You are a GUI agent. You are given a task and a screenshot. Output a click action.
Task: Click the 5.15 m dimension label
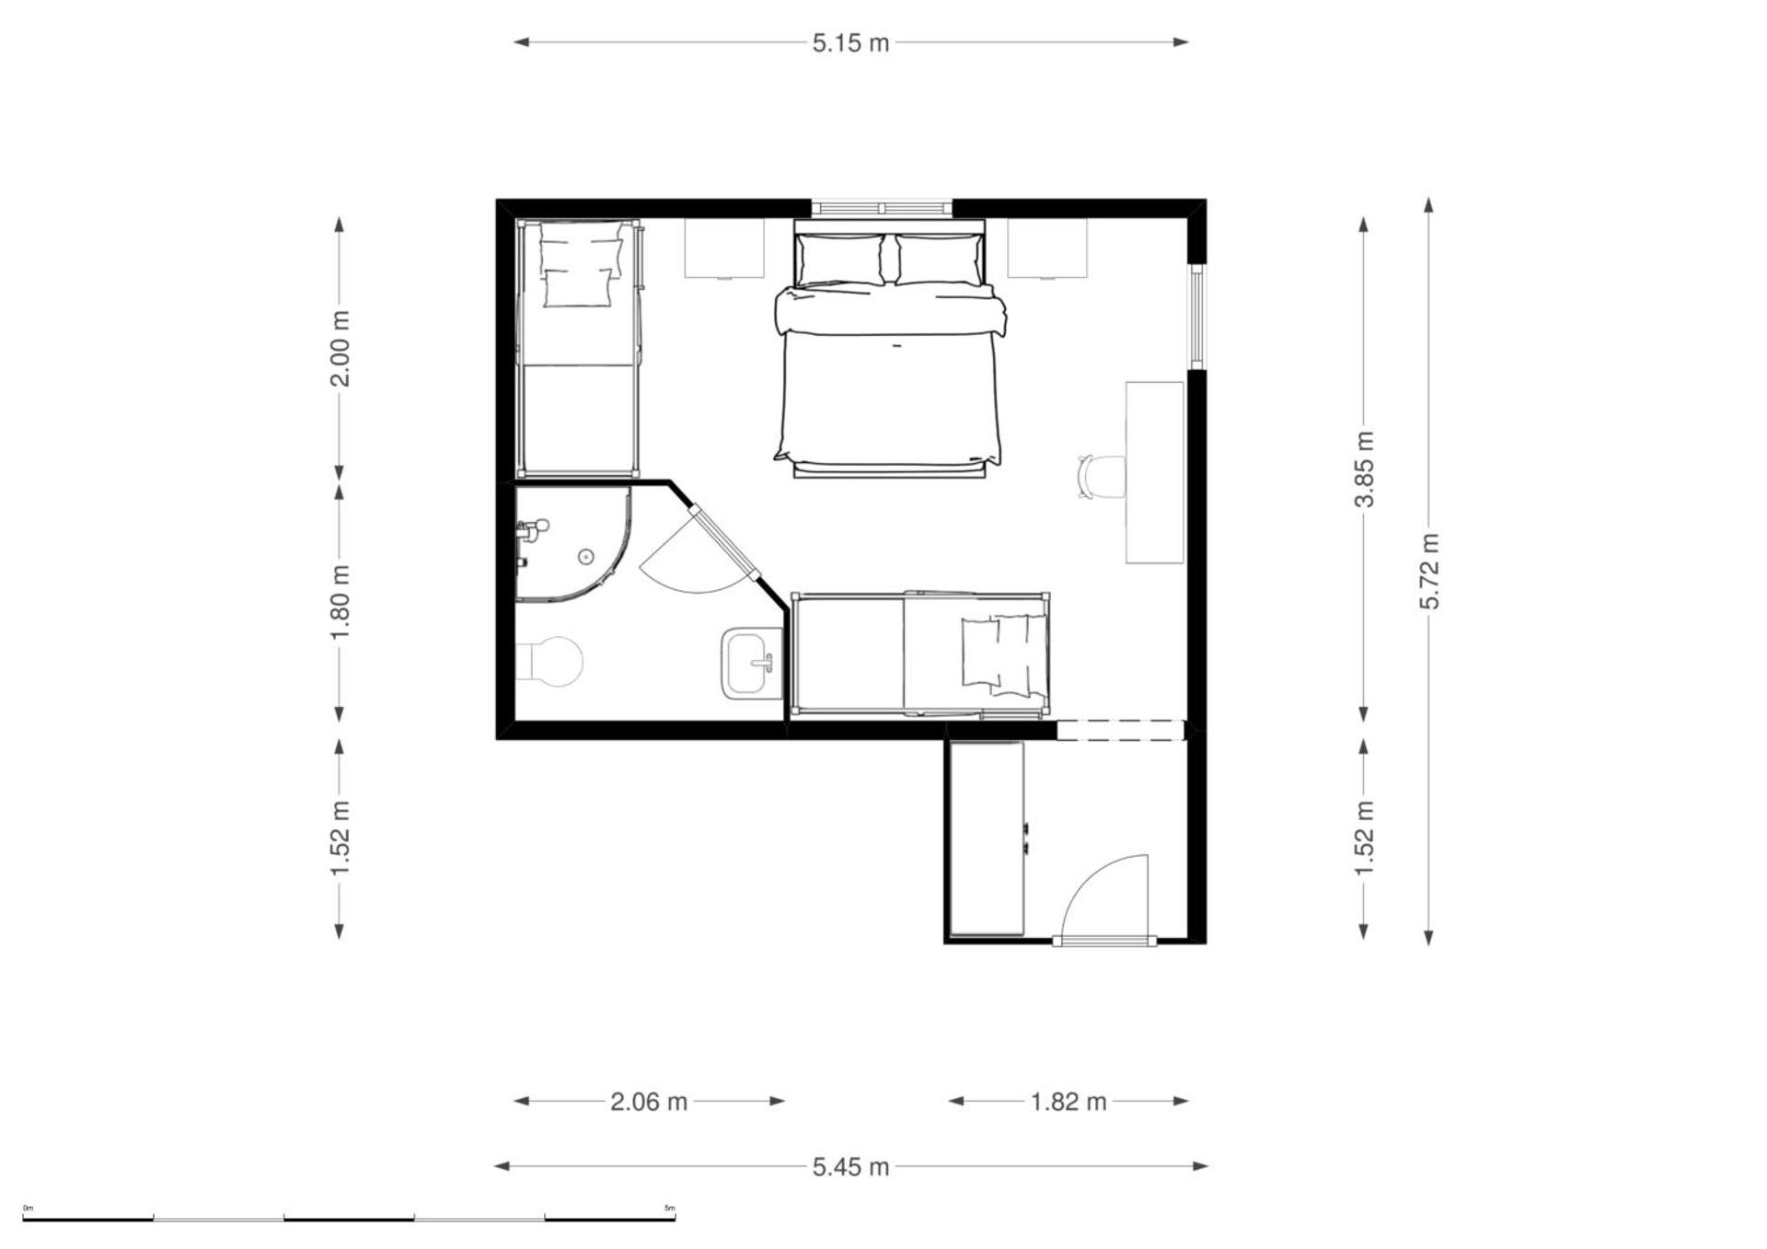click(x=850, y=43)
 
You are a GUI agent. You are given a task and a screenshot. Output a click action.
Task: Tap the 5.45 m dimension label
click(x=850, y=1167)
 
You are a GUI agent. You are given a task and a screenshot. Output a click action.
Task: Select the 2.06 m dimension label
click(x=649, y=1101)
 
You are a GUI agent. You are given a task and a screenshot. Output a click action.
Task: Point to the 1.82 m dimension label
click(x=1068, y=1101)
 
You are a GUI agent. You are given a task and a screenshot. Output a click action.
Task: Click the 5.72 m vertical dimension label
click(x=1429, y=571)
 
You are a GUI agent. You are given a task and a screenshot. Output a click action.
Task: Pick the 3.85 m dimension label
click(x=1364, y=469)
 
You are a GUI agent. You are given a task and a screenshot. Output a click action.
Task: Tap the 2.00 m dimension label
click(x=340, y=349)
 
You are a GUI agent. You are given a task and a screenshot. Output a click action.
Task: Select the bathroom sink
click(x=753, y=663)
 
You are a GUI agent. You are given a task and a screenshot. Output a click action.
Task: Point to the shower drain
click(x=585, y=556)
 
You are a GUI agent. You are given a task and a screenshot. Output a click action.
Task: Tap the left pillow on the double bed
click(x=841, y=260)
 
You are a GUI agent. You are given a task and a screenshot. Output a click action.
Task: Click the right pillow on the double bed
click(x=939, y=260)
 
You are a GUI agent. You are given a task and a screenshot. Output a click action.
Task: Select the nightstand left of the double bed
click(x=724, y=248)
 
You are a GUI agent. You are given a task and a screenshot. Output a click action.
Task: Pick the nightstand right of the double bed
click(x=1047, y=248)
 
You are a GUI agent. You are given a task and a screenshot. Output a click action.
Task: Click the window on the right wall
click(x=1196, y=317)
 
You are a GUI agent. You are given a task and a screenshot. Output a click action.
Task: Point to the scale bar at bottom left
click(x=350, y=1219)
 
